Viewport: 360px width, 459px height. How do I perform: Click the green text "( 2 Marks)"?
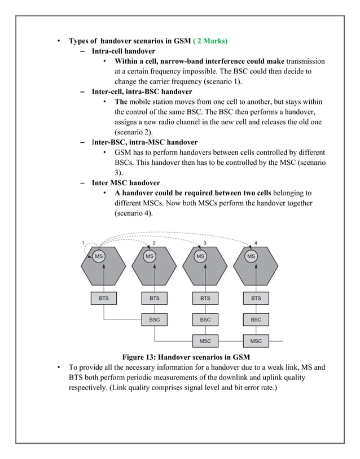point(210,41)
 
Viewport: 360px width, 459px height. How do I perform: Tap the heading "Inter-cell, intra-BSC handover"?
point(142,91)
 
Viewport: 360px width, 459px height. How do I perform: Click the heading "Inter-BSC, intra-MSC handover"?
point(144,142)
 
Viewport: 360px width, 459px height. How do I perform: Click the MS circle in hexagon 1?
point(99,256)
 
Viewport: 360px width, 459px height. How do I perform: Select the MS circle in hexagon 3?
point(200,256)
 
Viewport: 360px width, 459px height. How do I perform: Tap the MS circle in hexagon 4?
point(251,256)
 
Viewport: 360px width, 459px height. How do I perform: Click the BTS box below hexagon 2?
point(154,298)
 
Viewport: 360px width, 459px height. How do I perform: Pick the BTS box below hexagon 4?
point(256,298)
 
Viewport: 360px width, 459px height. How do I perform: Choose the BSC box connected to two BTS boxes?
point(154,320)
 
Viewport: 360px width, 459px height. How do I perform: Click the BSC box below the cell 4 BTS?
point(256,320)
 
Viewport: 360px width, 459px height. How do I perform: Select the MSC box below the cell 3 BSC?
point(205,341)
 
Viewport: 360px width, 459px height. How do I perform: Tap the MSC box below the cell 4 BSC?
point(256,341)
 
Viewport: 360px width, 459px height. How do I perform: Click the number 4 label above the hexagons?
point(256,243)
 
